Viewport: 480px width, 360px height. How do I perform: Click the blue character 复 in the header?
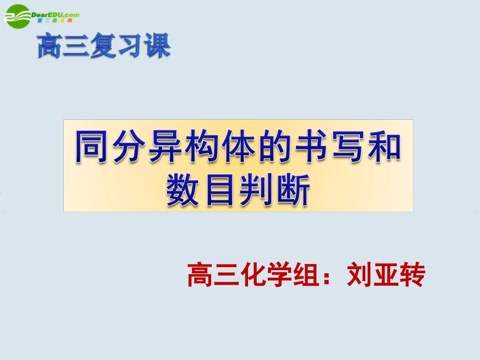coord(104,46)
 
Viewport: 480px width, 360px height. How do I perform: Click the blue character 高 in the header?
coord(51,46)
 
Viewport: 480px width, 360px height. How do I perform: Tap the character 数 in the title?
coord(184,191)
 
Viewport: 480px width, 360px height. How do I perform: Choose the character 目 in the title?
coord(220,191)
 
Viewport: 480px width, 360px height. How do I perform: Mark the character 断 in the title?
coord(293,191)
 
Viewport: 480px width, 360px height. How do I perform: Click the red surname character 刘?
coord(359,276)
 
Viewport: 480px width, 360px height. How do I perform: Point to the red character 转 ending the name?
coord(412,276)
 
